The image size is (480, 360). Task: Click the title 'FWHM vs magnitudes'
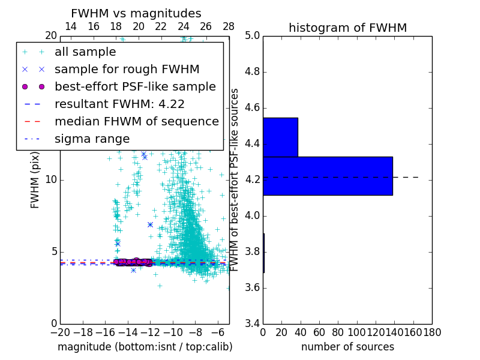point(136,13)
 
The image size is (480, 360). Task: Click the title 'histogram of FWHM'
point(347,28)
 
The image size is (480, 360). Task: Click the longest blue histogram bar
point(328,176)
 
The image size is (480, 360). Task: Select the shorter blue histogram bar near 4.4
point(280,137)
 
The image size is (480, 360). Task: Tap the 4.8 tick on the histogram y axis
point(251,72)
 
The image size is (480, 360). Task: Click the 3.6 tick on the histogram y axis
point(251,287)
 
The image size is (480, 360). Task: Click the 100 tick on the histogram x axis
point(357,332)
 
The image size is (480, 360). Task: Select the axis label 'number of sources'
point(347,347)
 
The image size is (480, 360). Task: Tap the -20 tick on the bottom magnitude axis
point(60,332)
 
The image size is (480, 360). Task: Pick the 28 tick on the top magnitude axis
point(229,26)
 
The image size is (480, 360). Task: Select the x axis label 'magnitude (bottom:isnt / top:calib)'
point(145,347)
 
